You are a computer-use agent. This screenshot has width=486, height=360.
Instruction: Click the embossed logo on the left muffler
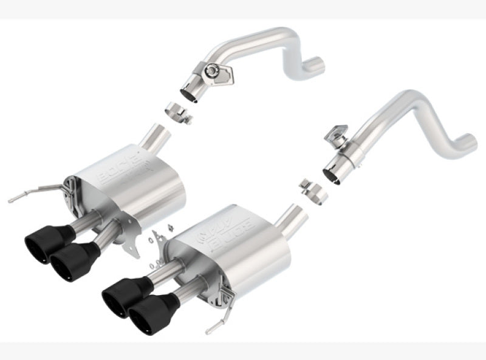121,168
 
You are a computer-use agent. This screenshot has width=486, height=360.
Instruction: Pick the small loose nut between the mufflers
170,228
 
